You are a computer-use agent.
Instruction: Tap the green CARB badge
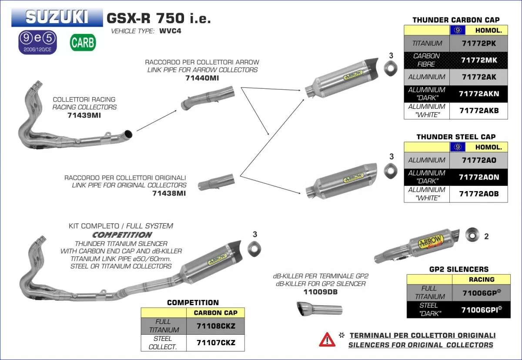83,43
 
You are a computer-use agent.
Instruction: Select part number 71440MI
202,78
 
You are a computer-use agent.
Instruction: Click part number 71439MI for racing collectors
84,115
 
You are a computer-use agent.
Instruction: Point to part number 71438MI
169,193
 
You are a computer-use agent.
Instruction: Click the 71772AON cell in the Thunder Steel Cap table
478,177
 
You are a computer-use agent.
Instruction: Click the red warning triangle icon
327,339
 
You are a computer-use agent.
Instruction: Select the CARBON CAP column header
215,313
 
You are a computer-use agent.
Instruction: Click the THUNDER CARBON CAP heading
455,20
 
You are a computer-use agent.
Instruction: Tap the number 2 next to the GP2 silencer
486,236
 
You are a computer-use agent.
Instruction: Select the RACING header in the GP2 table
481,279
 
